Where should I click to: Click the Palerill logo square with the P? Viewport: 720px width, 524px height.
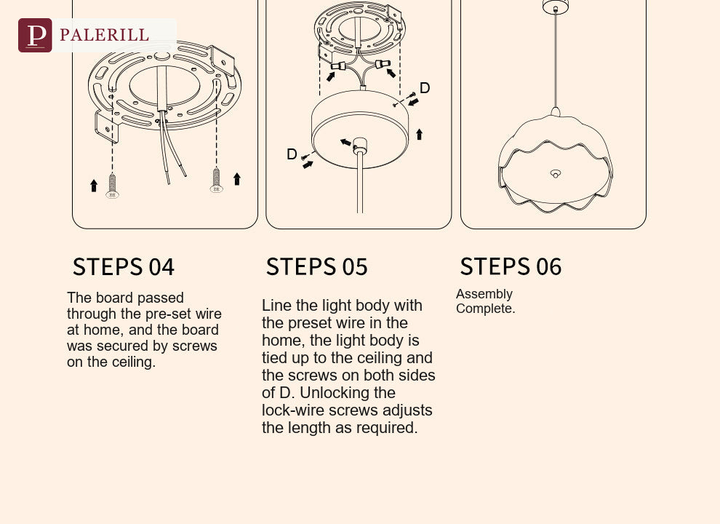click(x=35, y=36)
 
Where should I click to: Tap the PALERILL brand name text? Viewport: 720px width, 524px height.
click(x=104, y=35)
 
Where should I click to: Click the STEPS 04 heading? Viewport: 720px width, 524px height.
click(x=124, y=267)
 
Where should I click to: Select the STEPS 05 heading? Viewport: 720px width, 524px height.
click(x=317, y=267)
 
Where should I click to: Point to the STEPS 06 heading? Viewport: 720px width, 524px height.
click(x=511, y=266)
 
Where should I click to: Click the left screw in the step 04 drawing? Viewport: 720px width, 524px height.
click(x=112, y=186)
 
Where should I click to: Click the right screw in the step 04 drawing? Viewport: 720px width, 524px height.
click(x=216, y=180)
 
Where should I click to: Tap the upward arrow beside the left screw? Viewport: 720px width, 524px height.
click(x=94, y=186)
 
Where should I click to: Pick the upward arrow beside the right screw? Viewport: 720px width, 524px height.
click(x=237, y=179)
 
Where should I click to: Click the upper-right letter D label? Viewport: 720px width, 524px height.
click(x=425, y=88)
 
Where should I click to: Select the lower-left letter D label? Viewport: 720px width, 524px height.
click(x=292, y=154)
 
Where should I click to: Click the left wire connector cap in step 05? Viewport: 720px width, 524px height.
click(x=338, y=66)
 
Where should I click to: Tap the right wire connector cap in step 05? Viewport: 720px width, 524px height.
click(x=383, y=63)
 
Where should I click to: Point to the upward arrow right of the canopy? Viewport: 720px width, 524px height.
click(x=419, y=134)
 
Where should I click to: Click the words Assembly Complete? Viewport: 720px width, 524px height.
click(x=485, y=301)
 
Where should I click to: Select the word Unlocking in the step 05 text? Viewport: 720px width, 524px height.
click(x=348, y=393)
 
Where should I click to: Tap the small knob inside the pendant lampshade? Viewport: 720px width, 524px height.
click(x=556, y=174)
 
